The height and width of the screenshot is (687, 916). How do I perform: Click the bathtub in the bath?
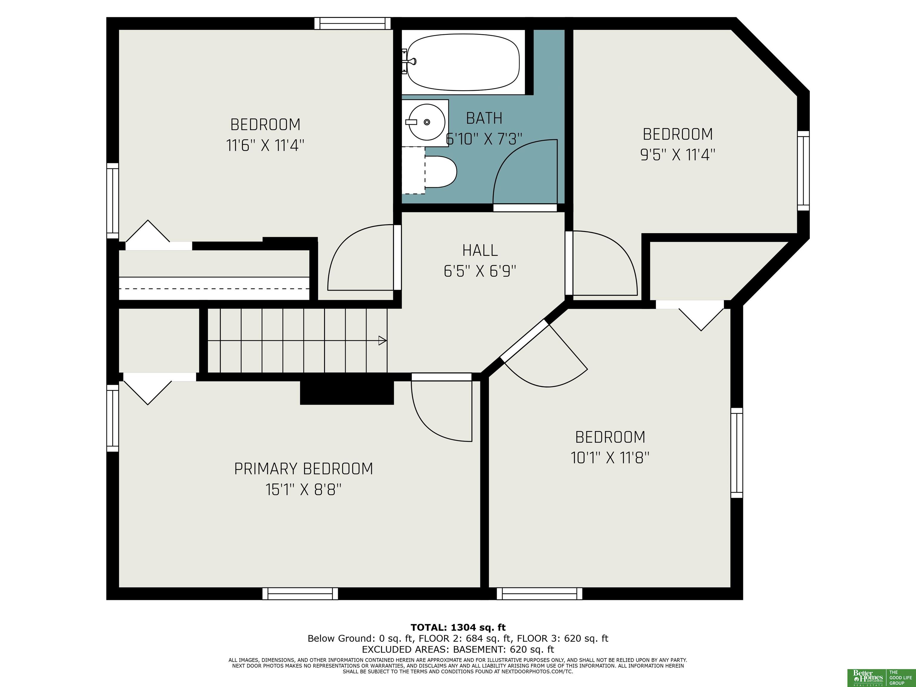click(463, 62)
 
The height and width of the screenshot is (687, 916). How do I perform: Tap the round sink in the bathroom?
click(426, 122)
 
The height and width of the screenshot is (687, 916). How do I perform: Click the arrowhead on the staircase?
click(383, 341)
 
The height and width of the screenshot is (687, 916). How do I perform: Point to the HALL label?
click(480, 250)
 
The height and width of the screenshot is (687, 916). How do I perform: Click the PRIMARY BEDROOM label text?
click(304, 469)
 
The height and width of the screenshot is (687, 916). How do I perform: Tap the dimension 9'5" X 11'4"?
click(678, 155)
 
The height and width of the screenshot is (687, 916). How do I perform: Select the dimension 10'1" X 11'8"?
click(610, 458)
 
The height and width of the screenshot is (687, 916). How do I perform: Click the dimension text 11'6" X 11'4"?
click(265, 145)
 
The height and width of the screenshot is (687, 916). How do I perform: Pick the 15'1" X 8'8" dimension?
click(304, 490)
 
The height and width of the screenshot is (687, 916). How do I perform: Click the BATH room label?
click(484, 118)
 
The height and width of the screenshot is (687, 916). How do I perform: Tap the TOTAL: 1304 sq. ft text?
click(458, 627)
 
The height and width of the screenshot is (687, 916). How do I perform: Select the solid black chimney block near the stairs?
click(346, 392)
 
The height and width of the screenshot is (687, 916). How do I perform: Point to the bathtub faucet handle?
click(411, 62)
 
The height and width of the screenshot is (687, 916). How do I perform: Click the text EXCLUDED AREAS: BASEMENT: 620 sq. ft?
click(458, 649)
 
